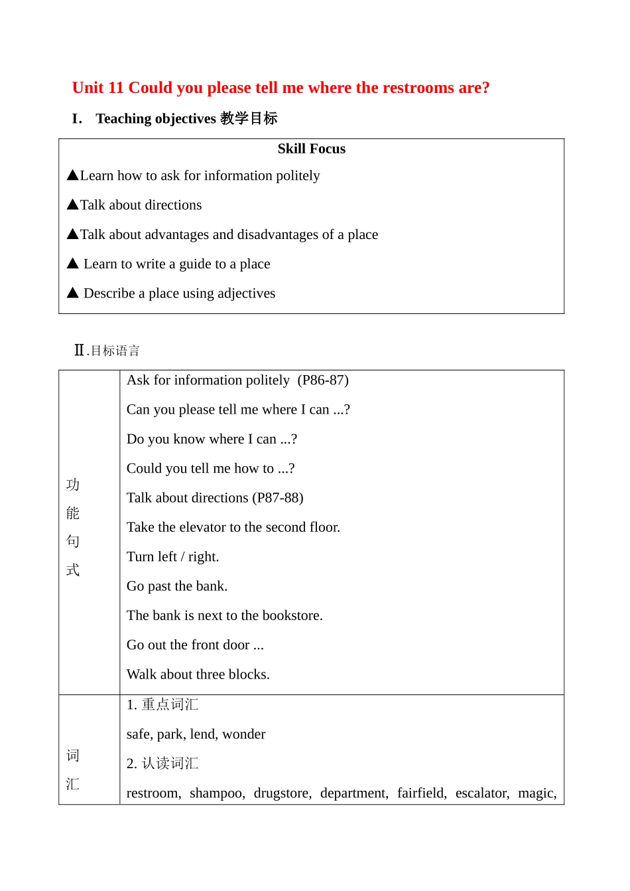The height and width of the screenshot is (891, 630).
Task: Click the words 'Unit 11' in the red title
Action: [x=97, y=88]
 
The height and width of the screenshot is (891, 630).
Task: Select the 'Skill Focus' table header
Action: [x=311, y=149]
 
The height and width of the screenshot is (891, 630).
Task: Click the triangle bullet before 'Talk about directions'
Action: [x=73, y=204]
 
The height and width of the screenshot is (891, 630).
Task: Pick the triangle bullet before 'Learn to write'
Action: [x=73, y=264]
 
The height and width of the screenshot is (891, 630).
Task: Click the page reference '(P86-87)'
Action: [x=323, y=380]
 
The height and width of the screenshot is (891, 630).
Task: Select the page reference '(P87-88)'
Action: [x=277, y=498]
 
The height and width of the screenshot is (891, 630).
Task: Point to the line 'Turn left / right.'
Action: [x=172, y=556]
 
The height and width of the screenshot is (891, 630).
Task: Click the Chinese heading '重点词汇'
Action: [x=170, y=704]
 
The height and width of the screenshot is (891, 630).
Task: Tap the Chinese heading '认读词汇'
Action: [x=170, y=764]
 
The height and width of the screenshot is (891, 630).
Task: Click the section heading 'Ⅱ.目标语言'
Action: [x=107, y=351]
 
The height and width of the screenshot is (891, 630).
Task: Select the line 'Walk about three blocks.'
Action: [x=198, y=675]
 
